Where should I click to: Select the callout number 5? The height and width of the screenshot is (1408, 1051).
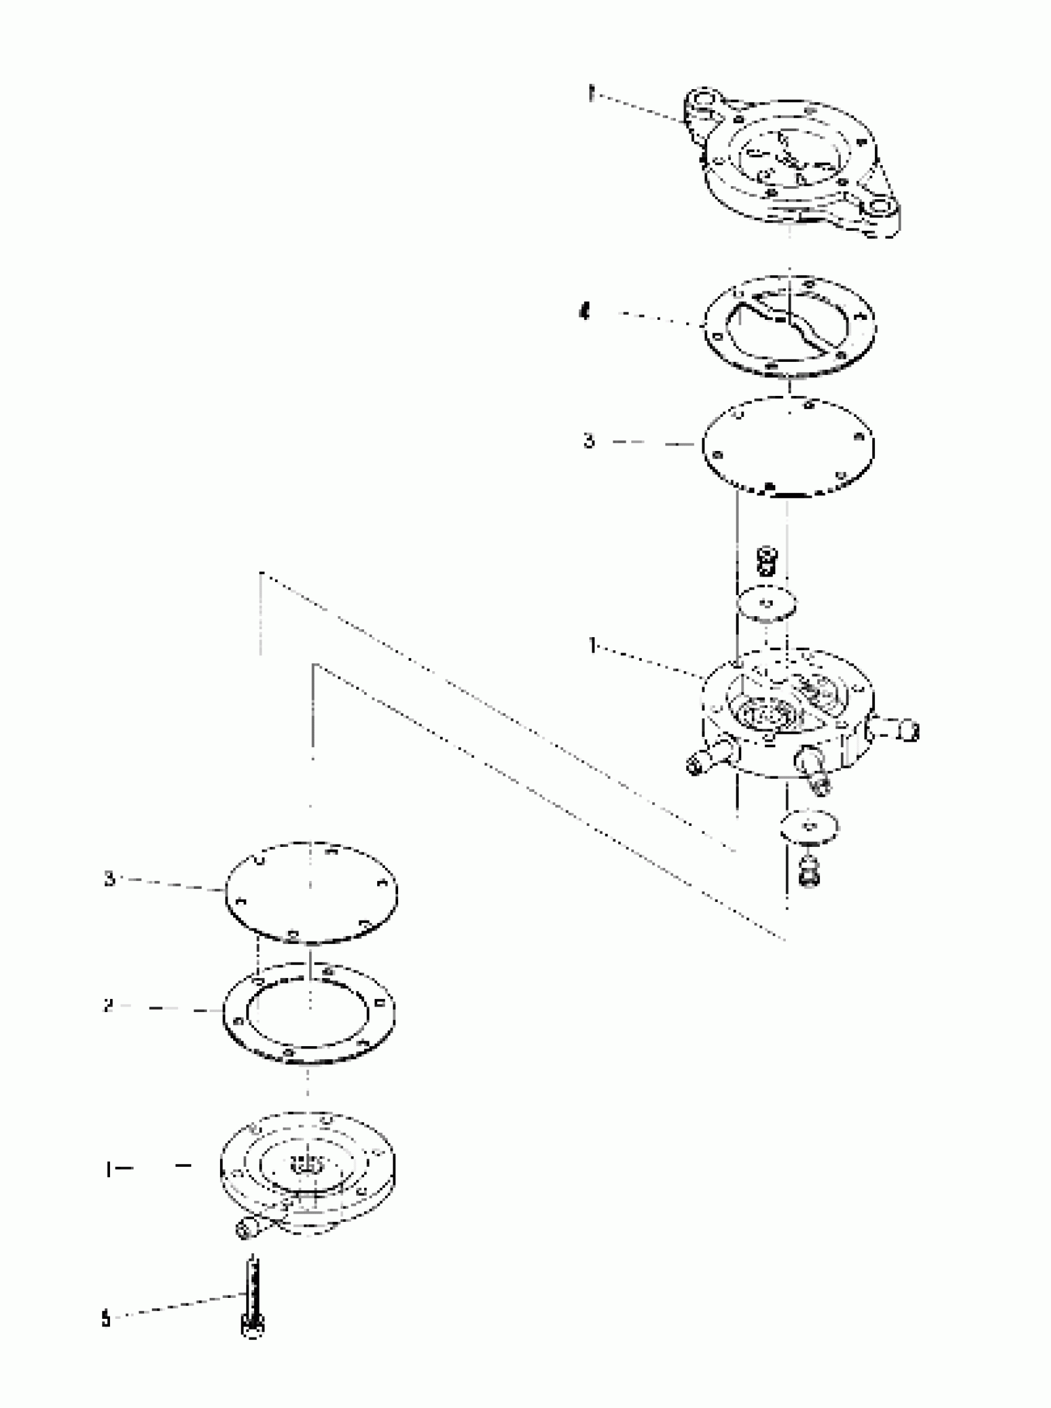pyautogui.click(x=106, y=1319)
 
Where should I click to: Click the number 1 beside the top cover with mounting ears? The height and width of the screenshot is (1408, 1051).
pyautogui.click(x=590, y=95)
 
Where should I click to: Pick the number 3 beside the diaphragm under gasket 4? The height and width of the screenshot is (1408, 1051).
pyautogui.click(x=589, y=440)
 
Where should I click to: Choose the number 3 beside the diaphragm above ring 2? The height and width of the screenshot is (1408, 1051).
pyautogui.click(x=109, y=879)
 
